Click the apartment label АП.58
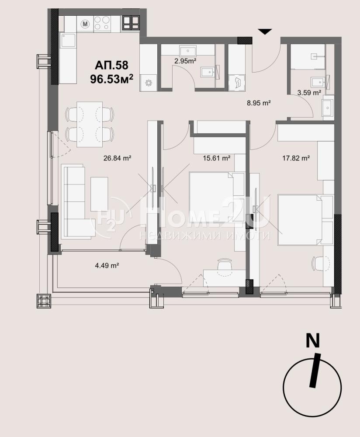pos(111,65)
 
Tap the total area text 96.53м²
pos(111,79)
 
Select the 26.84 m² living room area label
pos(118,158)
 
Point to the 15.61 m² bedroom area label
pos(217,158)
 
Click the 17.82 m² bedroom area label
pos(296,158)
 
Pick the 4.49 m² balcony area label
pos(107,266)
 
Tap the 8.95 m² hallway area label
pos(259,103)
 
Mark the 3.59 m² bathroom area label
pos(309,93)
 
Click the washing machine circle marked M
pos(86,24)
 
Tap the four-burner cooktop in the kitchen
pos(101,23)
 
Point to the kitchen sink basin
pos(68,40)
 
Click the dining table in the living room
pos(90,124)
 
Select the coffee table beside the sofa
pos(99,194)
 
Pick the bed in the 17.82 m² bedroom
pos(300,220)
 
